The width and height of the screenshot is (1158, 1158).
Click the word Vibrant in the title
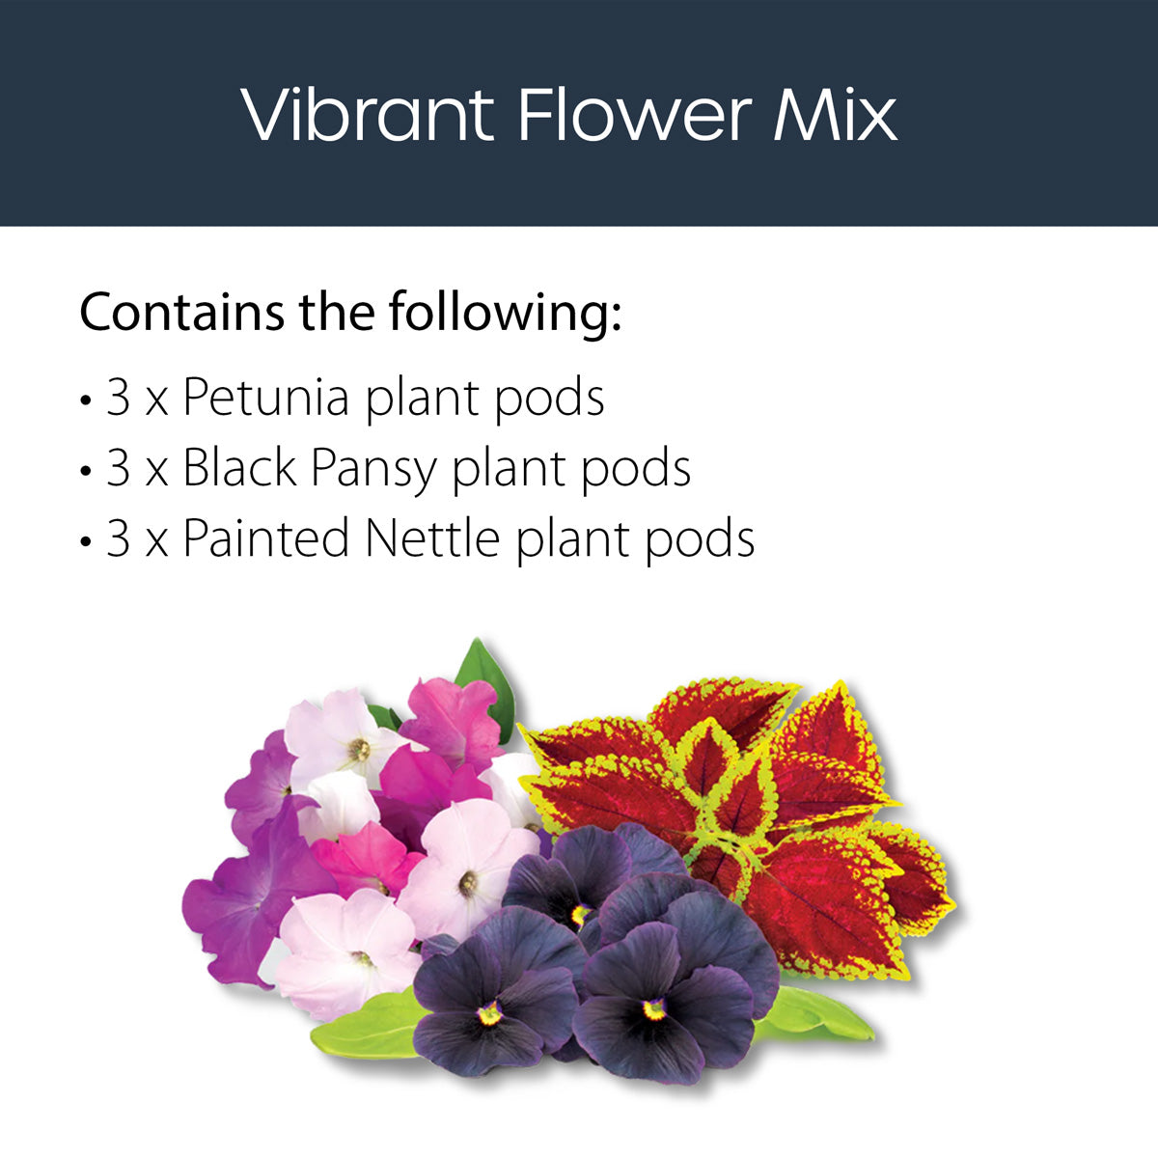[368, 116]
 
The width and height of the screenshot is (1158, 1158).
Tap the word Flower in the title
[633, 116]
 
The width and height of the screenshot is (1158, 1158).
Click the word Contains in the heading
[181, 312]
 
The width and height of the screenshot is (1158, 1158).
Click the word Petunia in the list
[265, 398]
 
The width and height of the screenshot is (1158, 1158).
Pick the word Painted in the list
[265, 538]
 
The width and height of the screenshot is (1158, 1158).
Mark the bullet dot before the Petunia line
[86, 400]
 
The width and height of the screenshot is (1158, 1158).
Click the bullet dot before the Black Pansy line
[86, 471]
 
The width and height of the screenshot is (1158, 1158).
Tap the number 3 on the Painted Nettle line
[118, 538]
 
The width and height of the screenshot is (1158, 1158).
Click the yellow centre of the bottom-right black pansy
[655, 1008]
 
